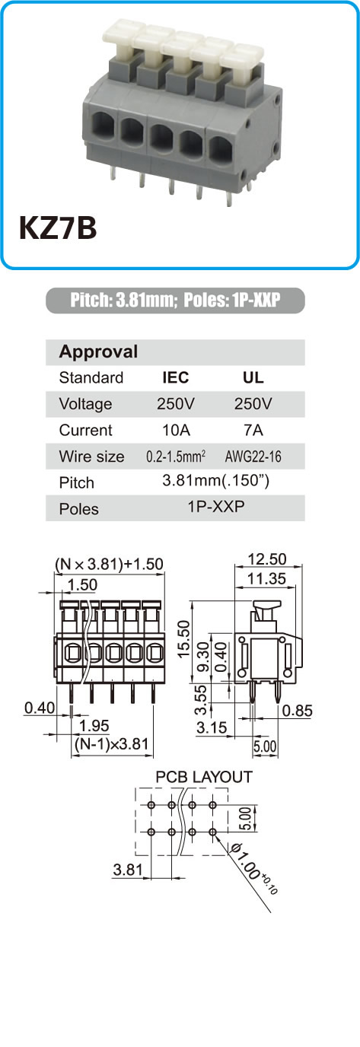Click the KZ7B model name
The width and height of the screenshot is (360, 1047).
pyautogui.click(x=58, y=228)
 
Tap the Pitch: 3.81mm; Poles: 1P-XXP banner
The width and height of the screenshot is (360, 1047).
pyautogui.click(x=175, y=300)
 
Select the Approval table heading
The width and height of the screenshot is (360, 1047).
pyautogui.click(x=98, y=352)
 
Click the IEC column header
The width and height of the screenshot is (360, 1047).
pyautogui.click(x=175, y=377)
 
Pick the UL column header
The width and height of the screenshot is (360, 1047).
pyautogui.click(x=253, y=377)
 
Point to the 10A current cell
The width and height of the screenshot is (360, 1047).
pyautogui.click(x=176, y=430)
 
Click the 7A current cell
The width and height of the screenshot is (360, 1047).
pyautogui.click(x=253, y=430)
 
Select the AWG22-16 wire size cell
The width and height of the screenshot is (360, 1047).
pyautogui.click(x=253, y=457)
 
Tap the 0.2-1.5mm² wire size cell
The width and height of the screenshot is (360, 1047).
pyautogui.click(x=176, y=457)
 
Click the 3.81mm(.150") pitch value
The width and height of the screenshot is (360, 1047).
pyautogui.click(x=215, y=480)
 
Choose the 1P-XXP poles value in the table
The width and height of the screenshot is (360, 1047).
pyautogui.click(x=216, y=506)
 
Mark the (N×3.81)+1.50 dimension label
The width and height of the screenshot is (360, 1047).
pyautogui.click(x=109, y=564)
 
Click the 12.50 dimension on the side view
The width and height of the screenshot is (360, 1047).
pyautogui.click(x=266, y=559)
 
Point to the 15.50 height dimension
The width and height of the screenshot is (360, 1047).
pyautogui.click(x=184, y=638)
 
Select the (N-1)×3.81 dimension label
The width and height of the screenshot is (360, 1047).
pyautogui.click(x=111, y=743)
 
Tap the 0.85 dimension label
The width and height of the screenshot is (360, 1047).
pyautogui.click(x=298, y=711)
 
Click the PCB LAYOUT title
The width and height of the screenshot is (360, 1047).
pyautogui.click(x=204, y=777)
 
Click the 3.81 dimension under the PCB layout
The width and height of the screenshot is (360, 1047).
pyautogui.click(x=128, y=870)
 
